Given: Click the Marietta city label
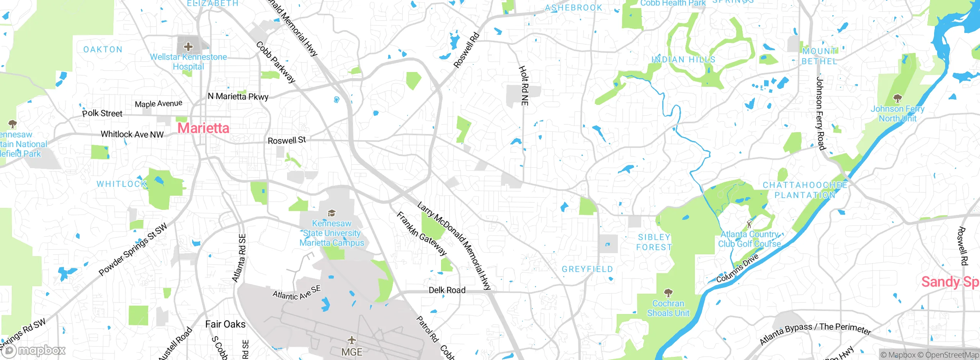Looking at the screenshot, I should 203,128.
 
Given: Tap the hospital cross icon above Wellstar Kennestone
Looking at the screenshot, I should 188,47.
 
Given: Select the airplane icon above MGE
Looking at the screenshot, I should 351,340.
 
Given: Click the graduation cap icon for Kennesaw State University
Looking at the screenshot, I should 332,213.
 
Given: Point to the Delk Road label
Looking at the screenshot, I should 447,290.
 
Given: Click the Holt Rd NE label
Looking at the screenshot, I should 524,85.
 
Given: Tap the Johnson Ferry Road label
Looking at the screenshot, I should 820,113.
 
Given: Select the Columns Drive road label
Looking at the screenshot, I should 737,268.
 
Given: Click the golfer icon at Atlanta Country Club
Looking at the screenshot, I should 749,224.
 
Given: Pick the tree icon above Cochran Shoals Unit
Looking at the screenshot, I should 668,293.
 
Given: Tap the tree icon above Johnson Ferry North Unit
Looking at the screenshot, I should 897,99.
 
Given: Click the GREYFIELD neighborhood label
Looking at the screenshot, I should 587,269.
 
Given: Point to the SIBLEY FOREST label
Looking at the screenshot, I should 654,242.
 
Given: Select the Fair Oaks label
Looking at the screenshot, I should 225,324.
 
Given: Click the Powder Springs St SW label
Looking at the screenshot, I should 133,249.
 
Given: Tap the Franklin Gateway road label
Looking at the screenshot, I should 421,234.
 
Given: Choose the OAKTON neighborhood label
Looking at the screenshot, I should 103,49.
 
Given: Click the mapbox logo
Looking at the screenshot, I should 34,350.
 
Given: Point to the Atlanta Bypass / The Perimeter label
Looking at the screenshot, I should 815,333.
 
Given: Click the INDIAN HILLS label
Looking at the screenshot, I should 683,60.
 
